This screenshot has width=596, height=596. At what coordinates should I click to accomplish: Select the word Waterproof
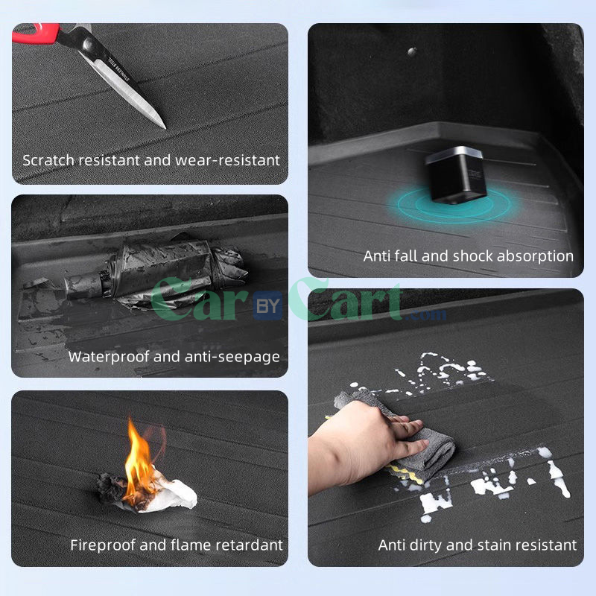109,357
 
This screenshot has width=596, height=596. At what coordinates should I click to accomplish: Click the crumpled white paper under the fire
168,493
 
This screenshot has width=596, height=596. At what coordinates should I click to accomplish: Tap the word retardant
250,545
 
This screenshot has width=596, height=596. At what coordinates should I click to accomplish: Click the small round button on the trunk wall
412,51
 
